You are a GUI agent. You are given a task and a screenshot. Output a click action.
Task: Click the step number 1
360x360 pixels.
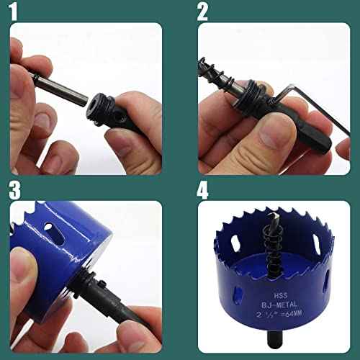coord(15,12)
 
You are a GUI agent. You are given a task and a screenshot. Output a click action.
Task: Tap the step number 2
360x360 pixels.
coord(203,12)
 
